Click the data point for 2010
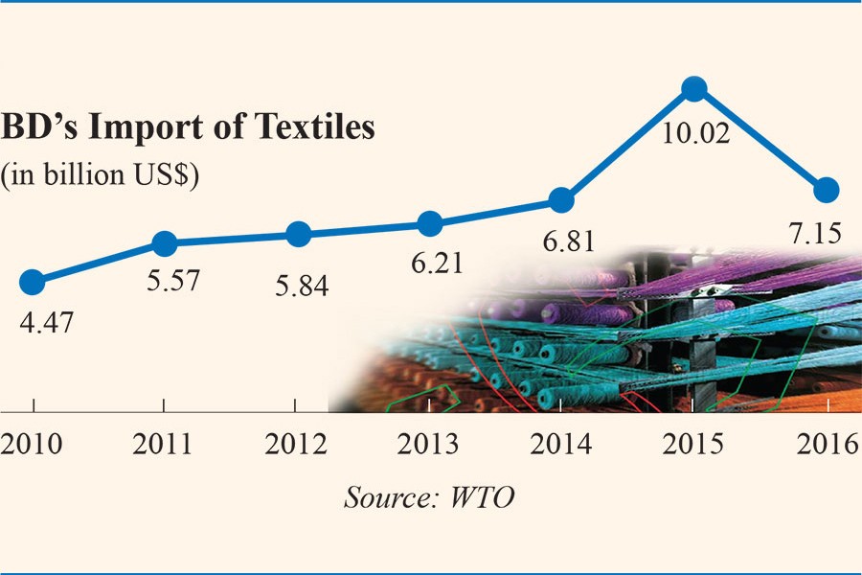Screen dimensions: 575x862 [x=32, y=282]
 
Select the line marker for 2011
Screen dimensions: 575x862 [x=165, y=244]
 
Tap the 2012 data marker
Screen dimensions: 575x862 [x=299, y=234]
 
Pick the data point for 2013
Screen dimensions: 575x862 [x=431, y=224]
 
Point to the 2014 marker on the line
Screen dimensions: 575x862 [x=562, y=200]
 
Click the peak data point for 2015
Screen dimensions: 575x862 [x=694, y=89]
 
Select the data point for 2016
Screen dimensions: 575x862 [x=827, y=190]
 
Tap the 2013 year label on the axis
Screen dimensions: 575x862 [x=428, y=446]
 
